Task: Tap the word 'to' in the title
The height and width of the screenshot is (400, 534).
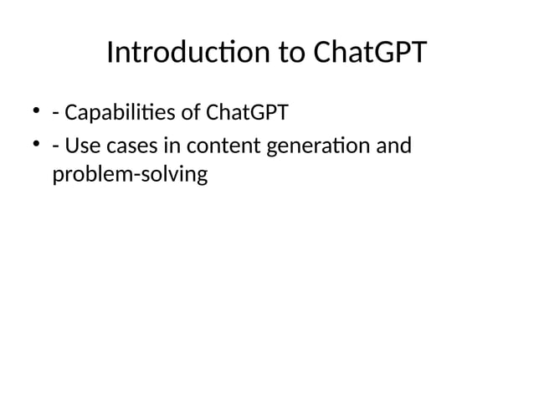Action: click(x=290, y=54)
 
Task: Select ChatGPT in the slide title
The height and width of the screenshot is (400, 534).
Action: click(x=369, y=54)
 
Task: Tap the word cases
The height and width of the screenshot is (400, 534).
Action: click(x=130, y=146)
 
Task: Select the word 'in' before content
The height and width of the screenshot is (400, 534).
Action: click(x=170, y=146)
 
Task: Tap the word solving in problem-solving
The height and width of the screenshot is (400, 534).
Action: click(x=172, y=177)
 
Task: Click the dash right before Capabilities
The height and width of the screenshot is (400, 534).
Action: click(x=55, y=112)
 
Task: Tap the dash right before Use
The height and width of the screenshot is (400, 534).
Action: click(x=55, y=148)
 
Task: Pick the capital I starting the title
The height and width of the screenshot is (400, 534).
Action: click(x=111, y=54)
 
